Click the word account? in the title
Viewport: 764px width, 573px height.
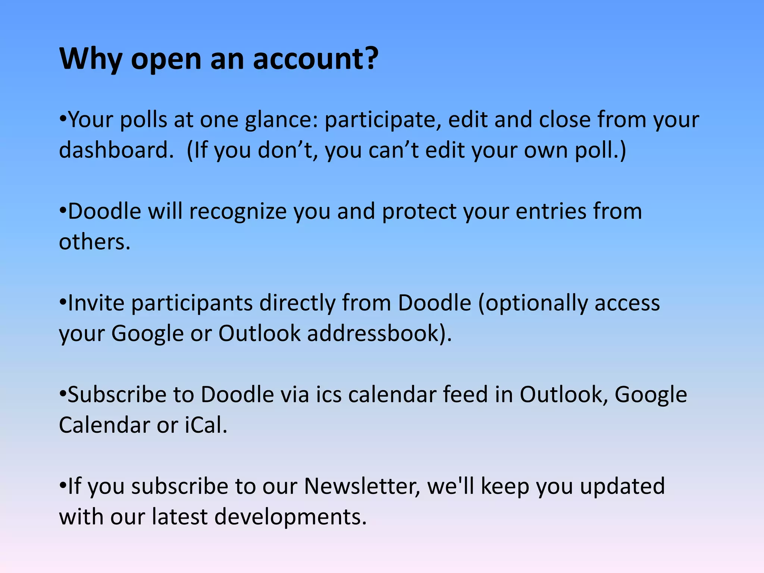click(x=316, y=59)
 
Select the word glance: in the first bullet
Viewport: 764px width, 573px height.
click(x=281, y=120)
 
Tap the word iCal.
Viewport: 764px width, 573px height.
click(x=206, y=425)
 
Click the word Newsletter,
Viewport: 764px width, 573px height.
click(x=362, y=486)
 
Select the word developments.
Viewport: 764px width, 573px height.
click(x=291, y=517)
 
